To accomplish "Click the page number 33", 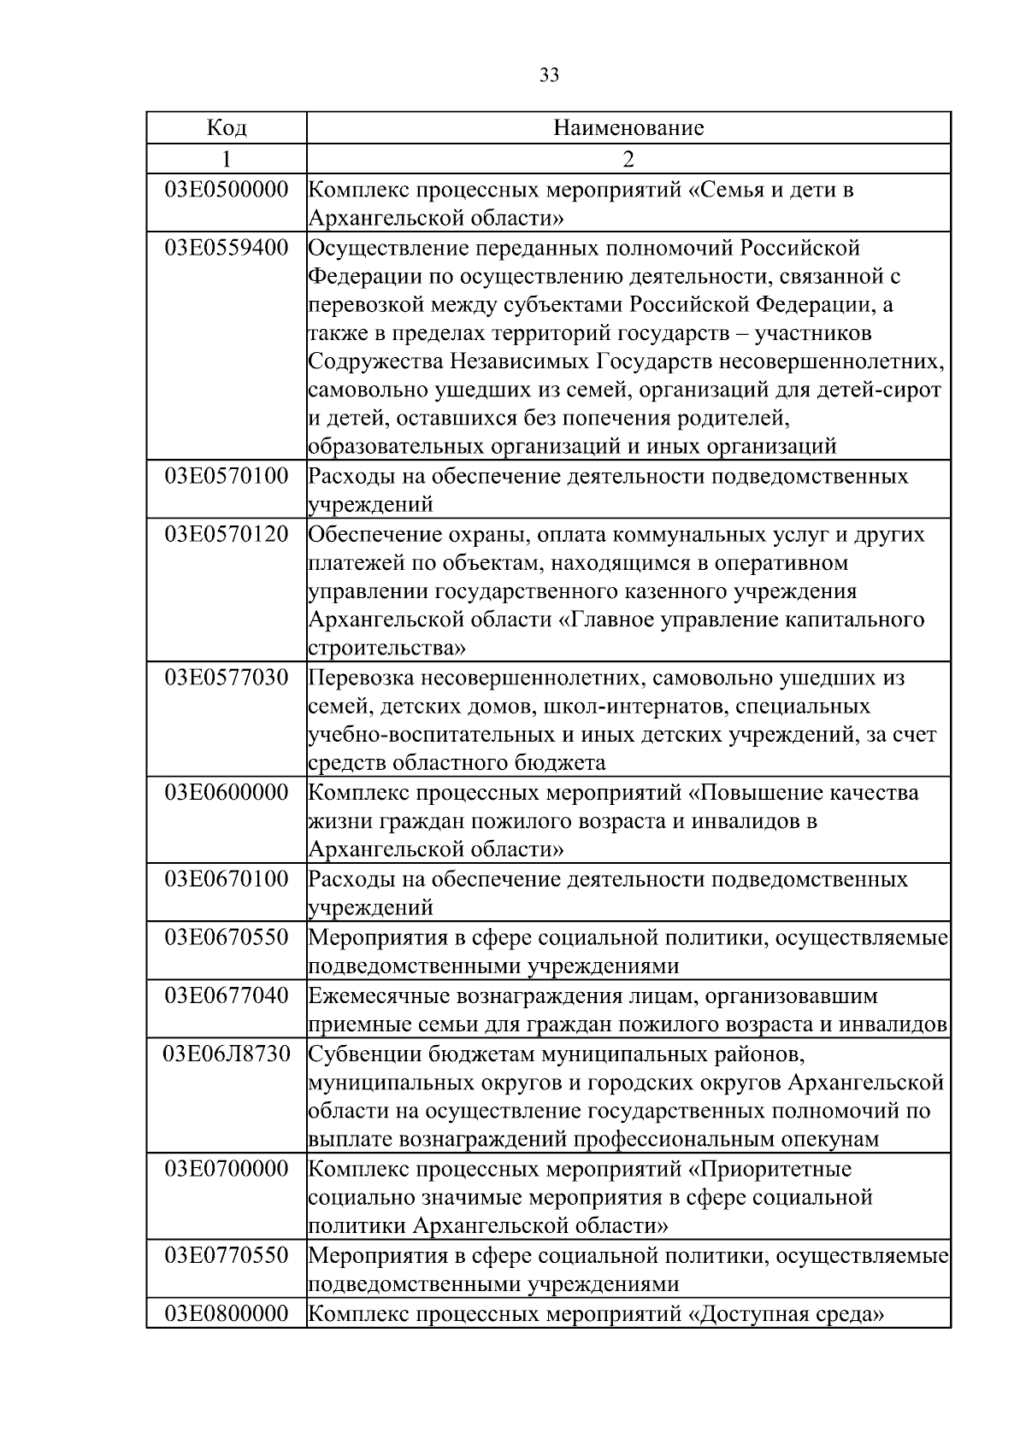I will point(550,76).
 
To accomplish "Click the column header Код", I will point(227,129).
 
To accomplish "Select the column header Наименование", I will point(628,129).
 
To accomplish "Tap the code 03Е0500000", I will point(227,190).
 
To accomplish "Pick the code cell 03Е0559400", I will point(227,249).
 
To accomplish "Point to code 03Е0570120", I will point(227,535).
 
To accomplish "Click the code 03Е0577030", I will point(227,678).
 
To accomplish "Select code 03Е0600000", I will point(227,793).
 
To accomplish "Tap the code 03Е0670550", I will point(227,937).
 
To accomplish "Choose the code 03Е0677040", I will point(227,995).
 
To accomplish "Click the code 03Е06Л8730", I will point(227,1054).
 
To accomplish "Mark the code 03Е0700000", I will point(227,1168).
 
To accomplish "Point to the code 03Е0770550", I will point(227,1255).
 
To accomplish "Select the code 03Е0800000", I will point(227,1313).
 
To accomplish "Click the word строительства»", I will point(386,649).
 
